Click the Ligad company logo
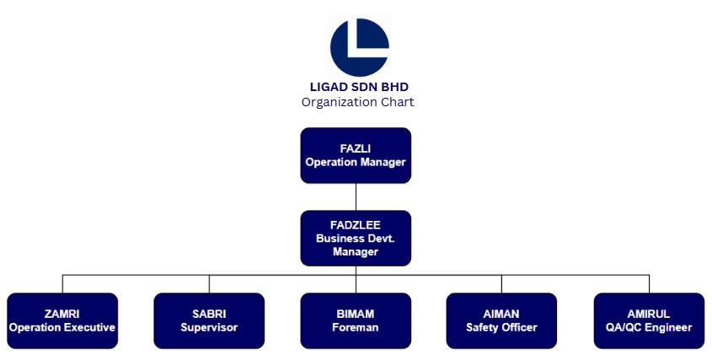click(359, 47)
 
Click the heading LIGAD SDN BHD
click(359, 87)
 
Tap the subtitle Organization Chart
click(357, 102)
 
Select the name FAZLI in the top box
click(356, 148)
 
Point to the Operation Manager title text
click(356, 162)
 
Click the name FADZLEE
click(356, 225)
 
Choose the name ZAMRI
click(62, 314)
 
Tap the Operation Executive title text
click(62, 327)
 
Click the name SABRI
click(209, 314)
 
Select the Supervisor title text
click(209, 327)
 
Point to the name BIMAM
click(356, 314)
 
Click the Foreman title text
click(356, 327)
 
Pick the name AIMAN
click(501, 314)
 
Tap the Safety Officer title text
click(501, 327)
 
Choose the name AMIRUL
click(649, 314)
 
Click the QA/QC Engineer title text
click(649, 327)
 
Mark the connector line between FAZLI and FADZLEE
click(356, 196)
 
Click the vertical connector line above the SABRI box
click(209, 284)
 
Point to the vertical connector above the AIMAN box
click(501, 284)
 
